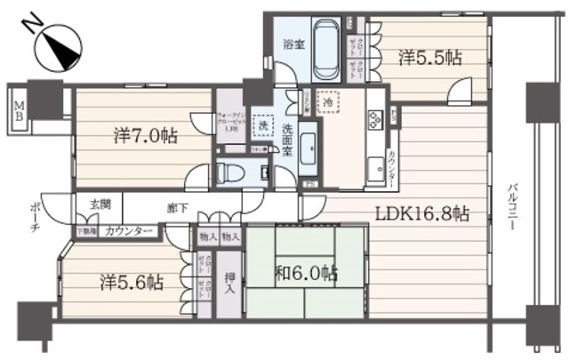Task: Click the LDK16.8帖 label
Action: (x=421, y=214)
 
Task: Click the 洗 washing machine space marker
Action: (x=263, y=125)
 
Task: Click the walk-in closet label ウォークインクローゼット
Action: (x=229, y=120)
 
